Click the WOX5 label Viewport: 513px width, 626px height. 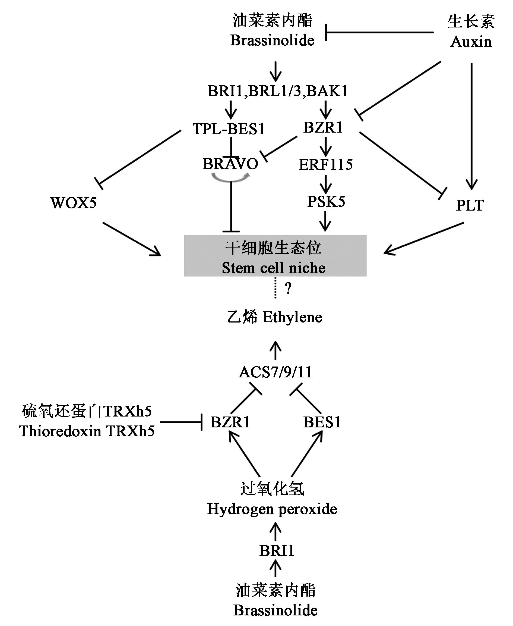pyautogui.click(x=74, y=203)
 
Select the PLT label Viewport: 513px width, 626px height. pyautogui.click(x=470, y=205)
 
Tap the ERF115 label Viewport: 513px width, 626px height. pyautogui.click(x=326, y=164)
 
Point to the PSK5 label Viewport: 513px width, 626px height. pyautogui.click(x=326, y=202)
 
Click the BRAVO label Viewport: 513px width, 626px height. pyautogui.click(x=230, y=164)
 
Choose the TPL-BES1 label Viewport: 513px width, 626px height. pyautogui.click(x=229, y=129)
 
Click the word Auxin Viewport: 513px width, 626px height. pyautogui.click(x=471, y=42)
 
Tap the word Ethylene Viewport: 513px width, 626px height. pyautogui.click(x=292, y=317)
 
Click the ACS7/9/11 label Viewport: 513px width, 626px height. pyautogui.click(x=275, y=372)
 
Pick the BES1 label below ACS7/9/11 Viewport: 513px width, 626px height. pyautogui.click(x=322, y=422)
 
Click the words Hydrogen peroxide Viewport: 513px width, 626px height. pyautogui.click(x=272, y=509)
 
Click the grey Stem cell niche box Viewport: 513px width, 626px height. pyautogui.click(x=275, y=256)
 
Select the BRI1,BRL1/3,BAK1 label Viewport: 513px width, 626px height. pyautogui.click(x=277, y=91)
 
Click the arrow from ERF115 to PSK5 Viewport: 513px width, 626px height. pyautogui.click(x=326, y=183)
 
